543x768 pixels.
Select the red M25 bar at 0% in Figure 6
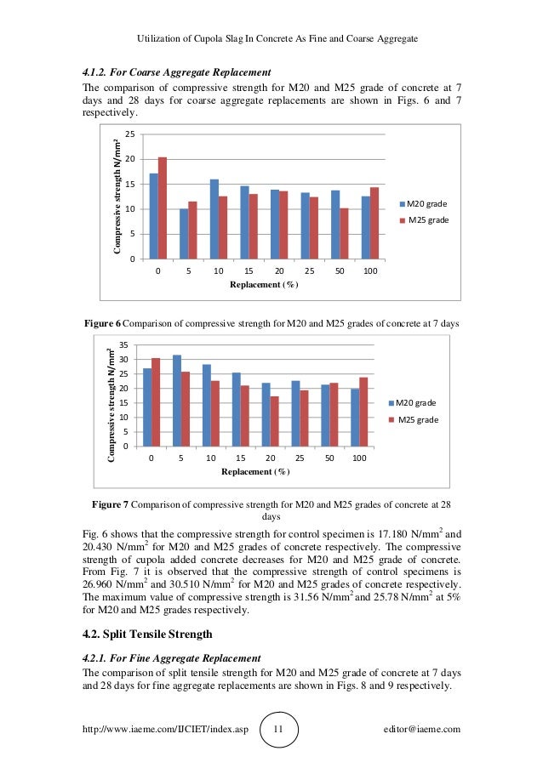pos(163,208)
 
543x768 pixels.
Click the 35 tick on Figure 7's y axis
pos(123,345)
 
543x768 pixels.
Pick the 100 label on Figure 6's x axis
pos(370,271)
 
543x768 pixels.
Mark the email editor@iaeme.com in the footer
pos(422,729)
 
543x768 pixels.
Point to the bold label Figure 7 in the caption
pos(111,505)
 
